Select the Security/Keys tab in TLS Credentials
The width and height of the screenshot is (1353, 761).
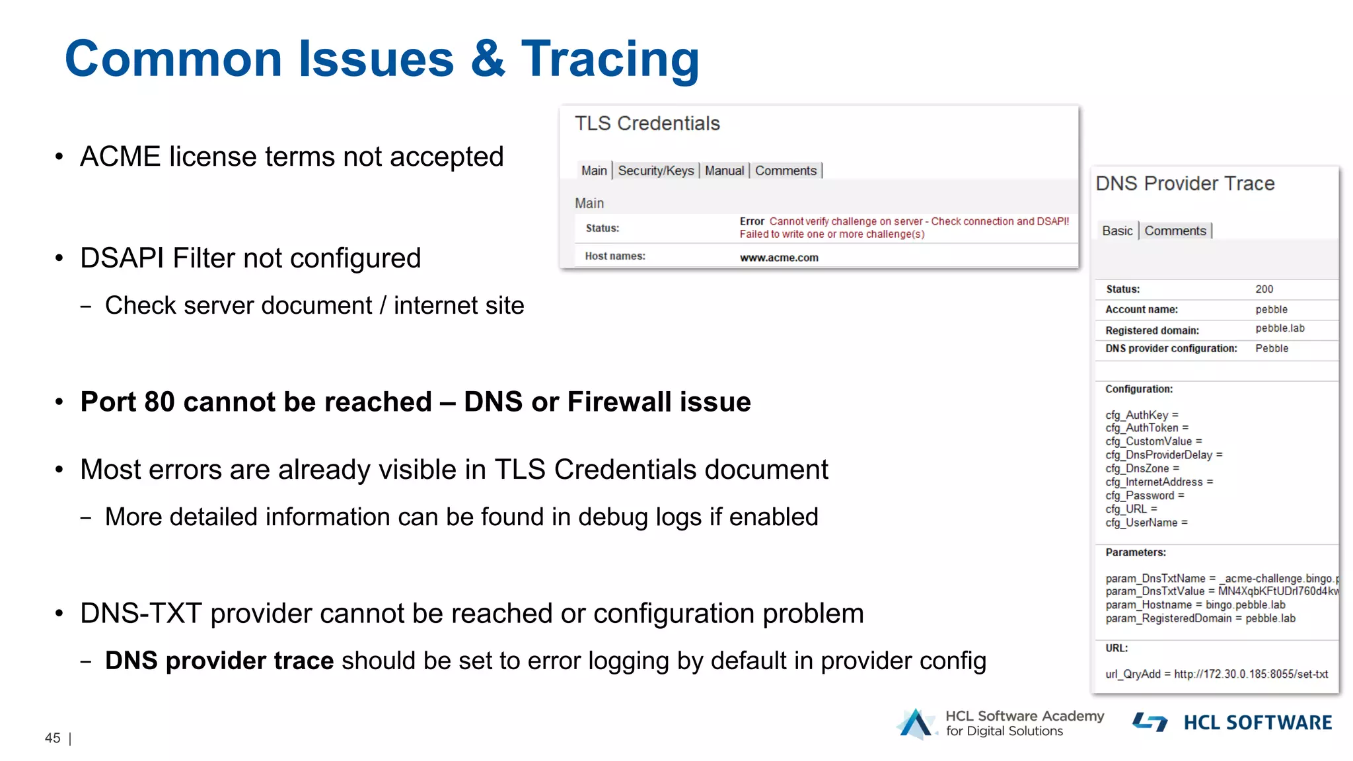click(x=655, y=170)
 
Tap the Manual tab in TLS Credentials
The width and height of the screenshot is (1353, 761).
click(x=724, y=170)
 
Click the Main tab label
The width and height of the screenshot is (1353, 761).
click(x=593, y=170)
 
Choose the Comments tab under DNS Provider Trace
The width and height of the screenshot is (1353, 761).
click(x=1175, y=231)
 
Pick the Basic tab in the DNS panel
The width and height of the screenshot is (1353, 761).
click(x=1116, y=231)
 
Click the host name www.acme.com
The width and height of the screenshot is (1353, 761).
click(x=778, y=258)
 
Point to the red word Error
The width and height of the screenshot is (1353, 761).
click(x=751, y=221)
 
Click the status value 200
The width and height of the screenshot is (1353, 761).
click(x=1264, y=289)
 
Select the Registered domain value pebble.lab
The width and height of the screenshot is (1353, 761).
click(x=1280, y=328)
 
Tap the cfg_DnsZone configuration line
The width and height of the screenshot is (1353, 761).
click(x=1142, y=468)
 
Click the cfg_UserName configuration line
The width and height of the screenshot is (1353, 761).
click(x=1146, y=523)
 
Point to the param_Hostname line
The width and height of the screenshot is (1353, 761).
click(x=1195, y=604)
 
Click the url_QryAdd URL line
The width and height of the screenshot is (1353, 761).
click(x=1216, y=674)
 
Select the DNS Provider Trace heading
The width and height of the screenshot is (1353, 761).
click(x=1185, y=184)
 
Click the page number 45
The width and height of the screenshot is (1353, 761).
click(x=52, y=738)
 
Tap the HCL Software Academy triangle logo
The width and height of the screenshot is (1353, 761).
click(x=916, y=723)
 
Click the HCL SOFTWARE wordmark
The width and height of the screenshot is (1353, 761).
click(x=1257, y=723)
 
